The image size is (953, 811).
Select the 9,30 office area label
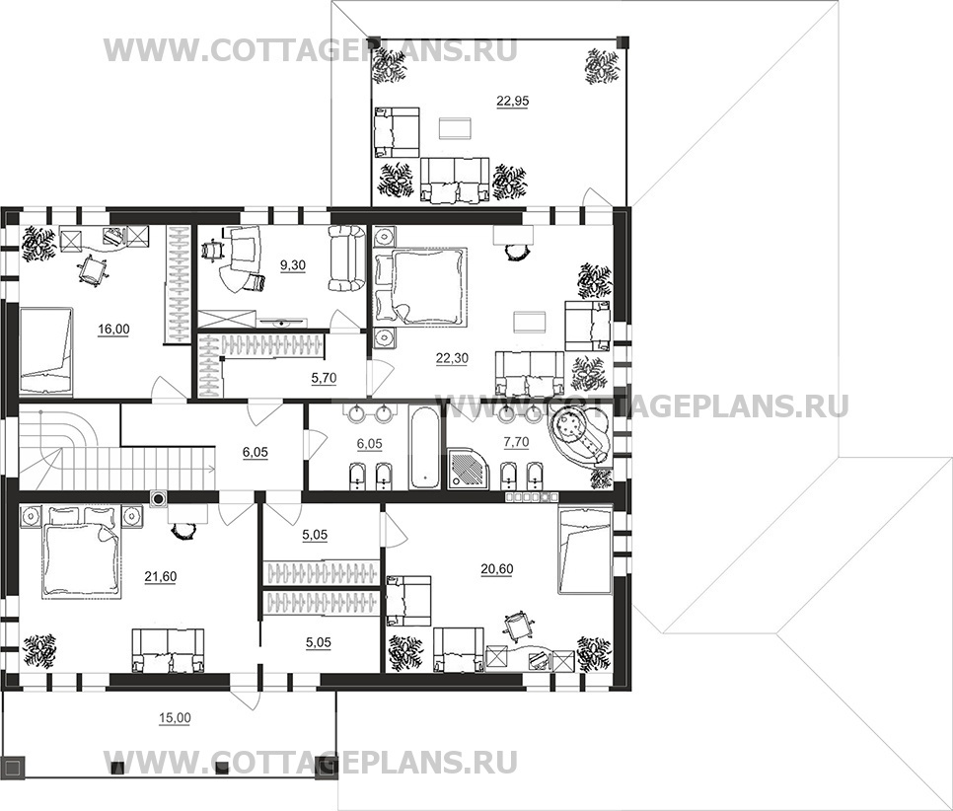(292, 264)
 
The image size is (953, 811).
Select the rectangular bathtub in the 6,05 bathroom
(422, 449)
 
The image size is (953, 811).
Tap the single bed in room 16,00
(45, 341)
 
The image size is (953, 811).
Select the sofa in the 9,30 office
(347, 258)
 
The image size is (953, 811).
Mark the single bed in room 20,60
(584, 552)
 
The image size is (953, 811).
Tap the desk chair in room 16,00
(92, 268)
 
